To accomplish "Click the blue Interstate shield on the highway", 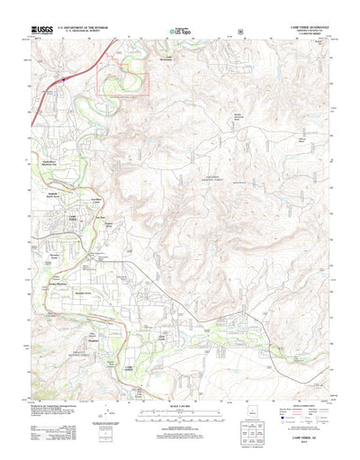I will [x=65, y=80].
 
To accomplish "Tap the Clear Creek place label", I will [x=165, y=337].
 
